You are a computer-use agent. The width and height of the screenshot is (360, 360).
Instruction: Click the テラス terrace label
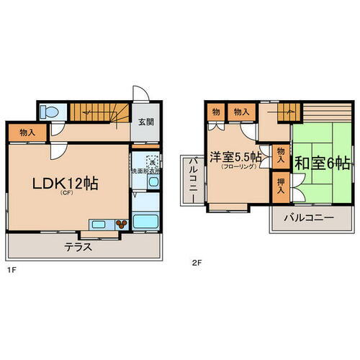point(78,246)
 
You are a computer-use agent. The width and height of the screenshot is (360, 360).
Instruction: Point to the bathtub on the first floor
point(147,220)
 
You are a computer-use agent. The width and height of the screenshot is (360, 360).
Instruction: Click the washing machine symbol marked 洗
point(152,162)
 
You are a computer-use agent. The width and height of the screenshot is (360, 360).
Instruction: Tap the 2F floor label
point(196,264)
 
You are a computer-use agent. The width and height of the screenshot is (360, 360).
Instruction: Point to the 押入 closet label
point(280,184)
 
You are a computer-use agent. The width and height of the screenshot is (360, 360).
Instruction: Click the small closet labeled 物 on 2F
point(215,112)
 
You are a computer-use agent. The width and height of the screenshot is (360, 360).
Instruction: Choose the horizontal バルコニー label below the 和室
point(307,217)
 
